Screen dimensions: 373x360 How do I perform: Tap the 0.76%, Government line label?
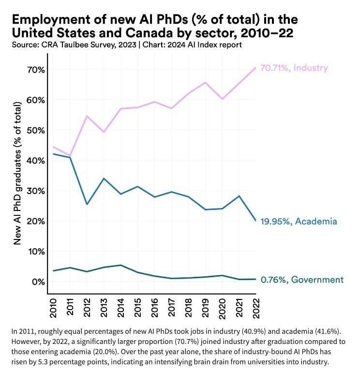[302, 280]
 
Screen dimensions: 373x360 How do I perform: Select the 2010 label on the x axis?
[54, 309]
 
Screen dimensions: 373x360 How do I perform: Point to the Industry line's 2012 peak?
[87, 116]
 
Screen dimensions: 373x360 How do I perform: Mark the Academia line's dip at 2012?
[87, 204]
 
